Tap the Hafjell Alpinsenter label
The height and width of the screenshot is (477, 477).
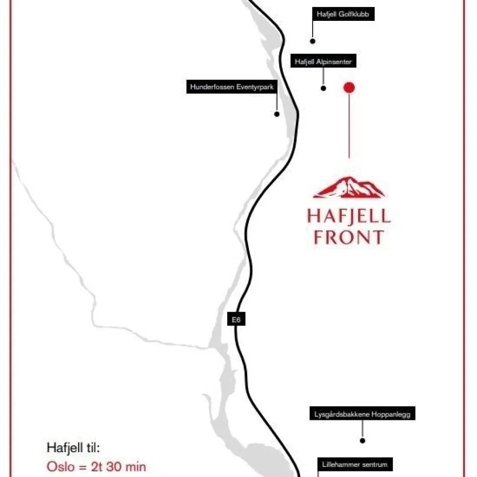click(x=323, y=62)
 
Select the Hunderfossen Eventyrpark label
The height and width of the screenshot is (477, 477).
click(x=232, y=87)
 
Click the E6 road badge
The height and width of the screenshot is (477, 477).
click(x=237, y=319)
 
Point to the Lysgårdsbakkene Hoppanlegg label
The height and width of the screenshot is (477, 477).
click(x=363, y=414)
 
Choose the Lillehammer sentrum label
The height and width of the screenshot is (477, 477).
click(x=355, y=465)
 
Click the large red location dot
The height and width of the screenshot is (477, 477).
click(x=349, y=87)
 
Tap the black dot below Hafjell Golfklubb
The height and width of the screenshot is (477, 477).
click(x=313, y=41)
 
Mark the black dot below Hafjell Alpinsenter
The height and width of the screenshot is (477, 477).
click(x=323, y=88)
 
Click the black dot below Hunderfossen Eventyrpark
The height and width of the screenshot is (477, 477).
click(x=277, y=114)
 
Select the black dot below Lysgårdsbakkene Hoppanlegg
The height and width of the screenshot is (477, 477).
click(x=363, y=440)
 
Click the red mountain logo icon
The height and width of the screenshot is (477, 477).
click(x=349, y=187)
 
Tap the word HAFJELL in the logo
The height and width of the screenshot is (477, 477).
click(x=349, y=217)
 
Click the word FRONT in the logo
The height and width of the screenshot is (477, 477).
click(x=349, y=237)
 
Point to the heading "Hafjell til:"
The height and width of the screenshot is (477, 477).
click(x=74, y=447)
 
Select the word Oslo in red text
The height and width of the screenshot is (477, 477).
click(x=60, y=467)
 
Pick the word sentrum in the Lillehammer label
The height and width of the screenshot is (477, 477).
click(x=374, y=465)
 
